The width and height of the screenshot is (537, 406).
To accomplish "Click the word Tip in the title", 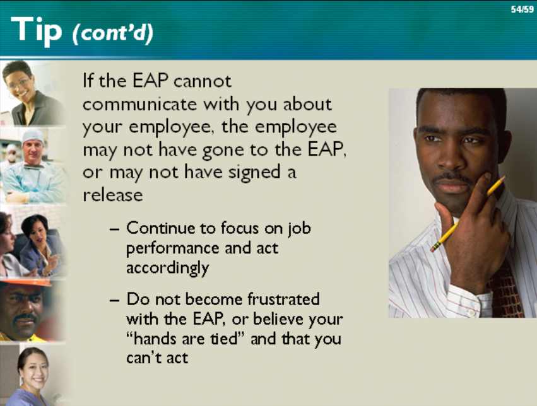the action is (x=37, y=31).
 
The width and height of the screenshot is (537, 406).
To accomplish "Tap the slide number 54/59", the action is (x=522, y=9).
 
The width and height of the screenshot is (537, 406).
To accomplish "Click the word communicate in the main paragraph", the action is (x=139, y=104).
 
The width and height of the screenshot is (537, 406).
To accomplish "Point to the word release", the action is (x=113, y=195).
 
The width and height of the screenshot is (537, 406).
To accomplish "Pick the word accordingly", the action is (x=167, y=269).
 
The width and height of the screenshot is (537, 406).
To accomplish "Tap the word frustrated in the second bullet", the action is (x=283, y=299).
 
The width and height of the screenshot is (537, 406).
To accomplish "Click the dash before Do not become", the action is (x=115, y=300).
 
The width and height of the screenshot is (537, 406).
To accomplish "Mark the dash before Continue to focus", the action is (x=115, y=229).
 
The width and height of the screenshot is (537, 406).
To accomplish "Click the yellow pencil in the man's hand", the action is (x=468, y=214).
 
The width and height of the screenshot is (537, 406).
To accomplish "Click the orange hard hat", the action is (x=26, y=282).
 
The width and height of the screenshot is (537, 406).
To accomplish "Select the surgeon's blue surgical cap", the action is (x=33, y=136).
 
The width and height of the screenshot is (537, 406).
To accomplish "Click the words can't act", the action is (x=157, y=358).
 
